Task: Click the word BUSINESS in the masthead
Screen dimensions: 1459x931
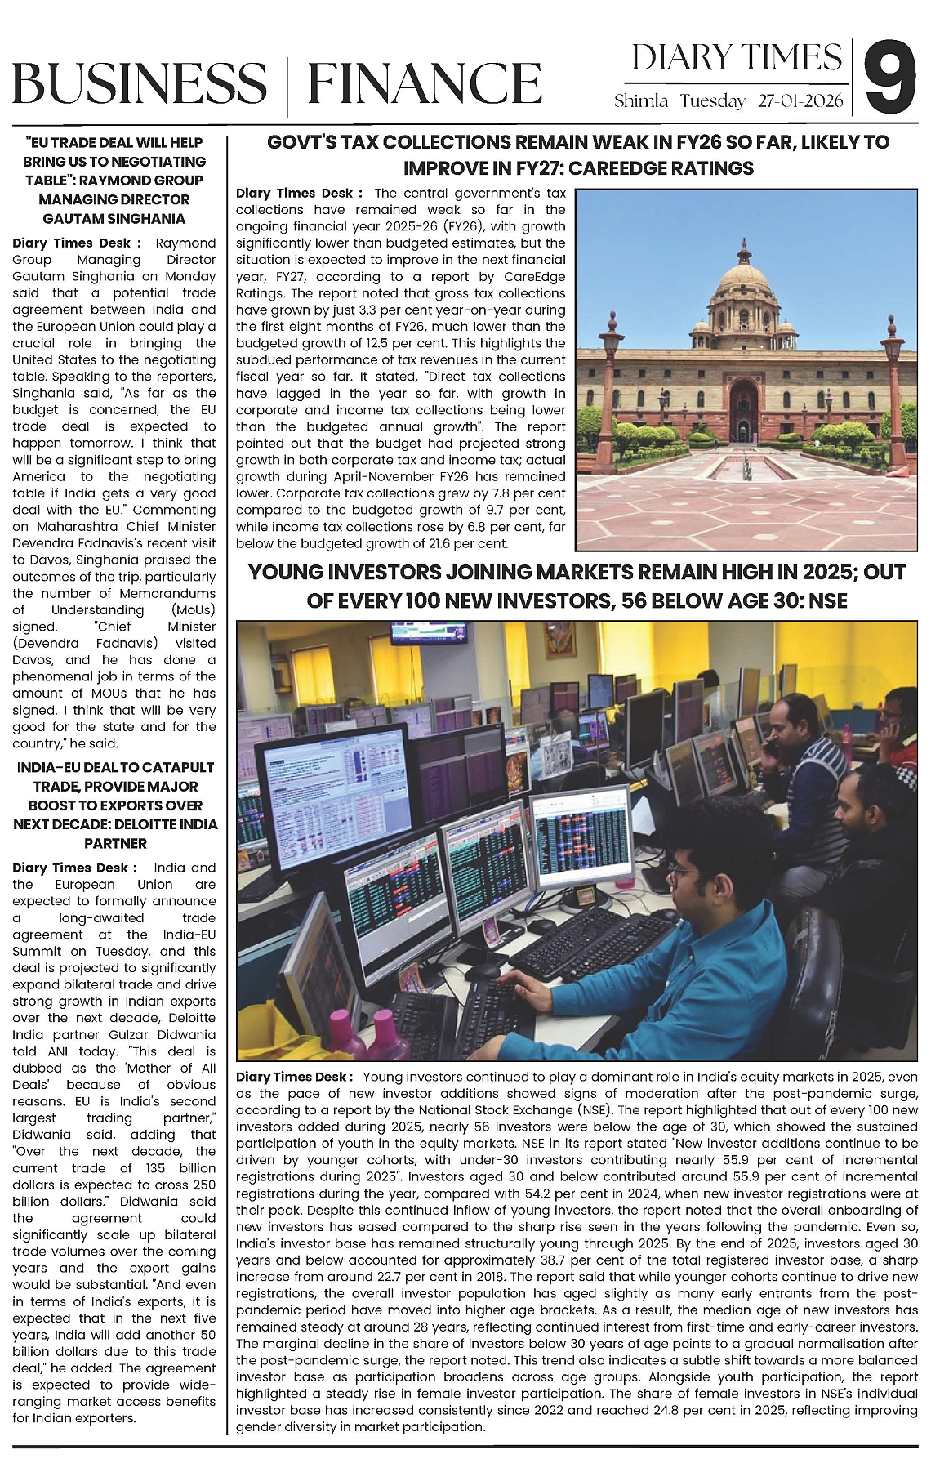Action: tap(139, 84)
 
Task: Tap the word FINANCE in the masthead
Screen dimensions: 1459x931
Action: tap(425, 84)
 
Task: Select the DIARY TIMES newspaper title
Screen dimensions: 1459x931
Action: tap(737, 58)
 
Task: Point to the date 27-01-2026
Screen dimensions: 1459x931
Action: tap(800, 102)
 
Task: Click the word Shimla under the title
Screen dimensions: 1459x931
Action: tap(641, 102)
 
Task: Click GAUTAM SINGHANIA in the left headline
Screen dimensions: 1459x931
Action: tap(114, 218)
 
